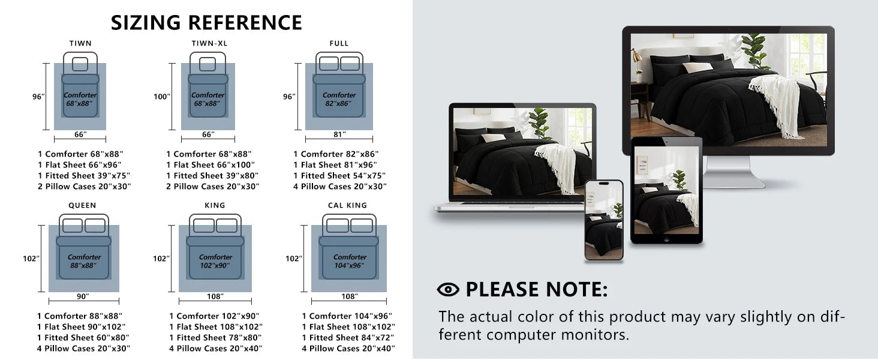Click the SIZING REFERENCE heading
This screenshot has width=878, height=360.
[x=206, y=22]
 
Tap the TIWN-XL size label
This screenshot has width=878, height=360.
[x=209, y=43]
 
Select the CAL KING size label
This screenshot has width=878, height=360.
[x=347, y=205]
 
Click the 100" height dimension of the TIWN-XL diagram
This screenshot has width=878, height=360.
[x=161, y=97]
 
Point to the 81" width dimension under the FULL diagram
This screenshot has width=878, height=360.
[x=339, y=134]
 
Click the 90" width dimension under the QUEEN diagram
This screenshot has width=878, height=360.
[x=83, y=296]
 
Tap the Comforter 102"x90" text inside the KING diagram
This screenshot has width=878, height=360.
[x=215, y=261]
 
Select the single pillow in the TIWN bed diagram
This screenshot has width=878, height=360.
[x=80, y=64]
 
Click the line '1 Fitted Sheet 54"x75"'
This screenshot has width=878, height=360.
[x=339, y=176]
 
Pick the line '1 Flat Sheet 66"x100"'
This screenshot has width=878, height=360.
[x=210, y=165]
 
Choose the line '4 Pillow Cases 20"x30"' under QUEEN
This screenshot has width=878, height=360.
[x=83, y=348]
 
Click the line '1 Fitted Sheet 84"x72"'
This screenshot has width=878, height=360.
[x=348, y=337]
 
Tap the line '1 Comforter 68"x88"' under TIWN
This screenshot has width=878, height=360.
[x=80, y=154]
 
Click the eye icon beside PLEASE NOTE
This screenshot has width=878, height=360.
[x=448, y=290]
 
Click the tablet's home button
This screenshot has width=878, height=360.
[x=666, y=239]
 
